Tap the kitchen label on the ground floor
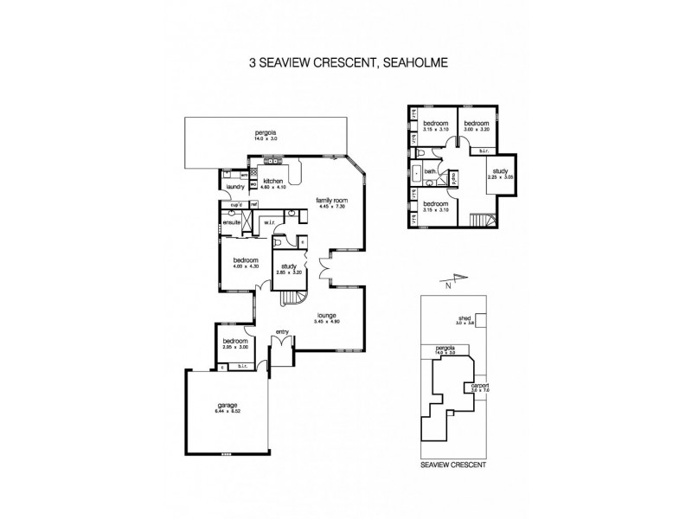(273, 183)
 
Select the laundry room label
(234, 187)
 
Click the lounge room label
(326, 316)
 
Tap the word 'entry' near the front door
(282, 331)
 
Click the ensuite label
(232, 222)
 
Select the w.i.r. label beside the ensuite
(269, 222)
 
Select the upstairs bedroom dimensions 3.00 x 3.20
(477, 129)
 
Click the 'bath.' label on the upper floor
(430, 171)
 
